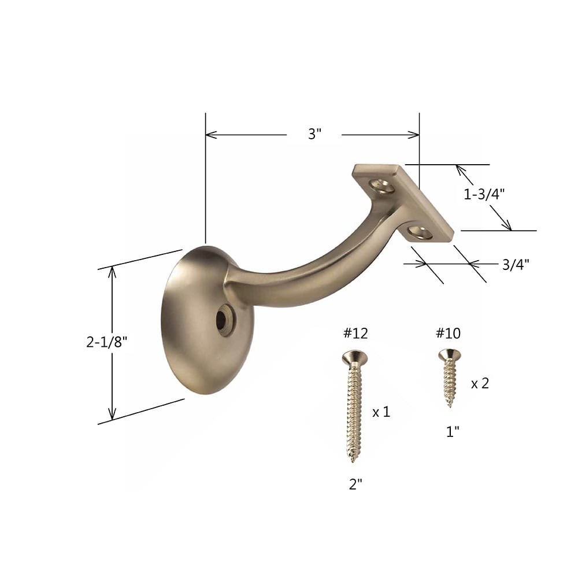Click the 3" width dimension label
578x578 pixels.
tap(314, 135)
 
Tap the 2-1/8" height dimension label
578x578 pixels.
tap(107, 342)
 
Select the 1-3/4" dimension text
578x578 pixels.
tap(484, 195)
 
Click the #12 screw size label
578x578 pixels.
tap(354, 333)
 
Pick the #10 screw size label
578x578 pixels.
tap(448, 333)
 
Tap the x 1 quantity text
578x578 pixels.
tap(381, 412)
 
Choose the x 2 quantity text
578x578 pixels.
tap(480, 383)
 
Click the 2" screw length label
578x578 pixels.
tap(355, 485)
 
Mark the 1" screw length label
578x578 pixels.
tap(453, 431)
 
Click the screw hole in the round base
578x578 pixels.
tap(223, 321)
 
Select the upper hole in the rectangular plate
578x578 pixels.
tap(381, 186)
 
